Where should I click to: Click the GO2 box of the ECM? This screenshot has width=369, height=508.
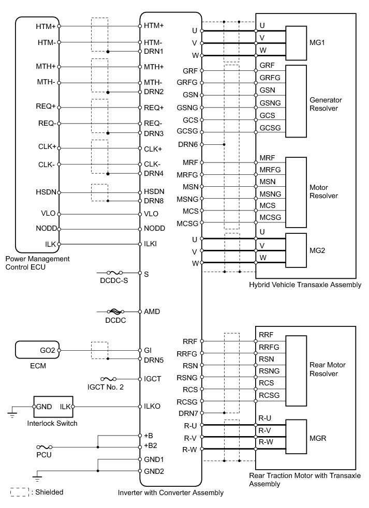tap(38, 350)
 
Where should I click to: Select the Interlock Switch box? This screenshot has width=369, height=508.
tap(54, 407)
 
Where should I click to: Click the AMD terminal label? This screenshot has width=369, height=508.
tap(152, 312)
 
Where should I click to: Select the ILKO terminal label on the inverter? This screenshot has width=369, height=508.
tap(153, 407)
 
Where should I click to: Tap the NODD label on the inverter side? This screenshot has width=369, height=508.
tap(154, 228)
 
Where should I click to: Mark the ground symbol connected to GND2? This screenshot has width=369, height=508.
tap(36, 477)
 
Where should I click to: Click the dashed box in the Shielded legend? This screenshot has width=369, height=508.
tap(19, 492)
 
